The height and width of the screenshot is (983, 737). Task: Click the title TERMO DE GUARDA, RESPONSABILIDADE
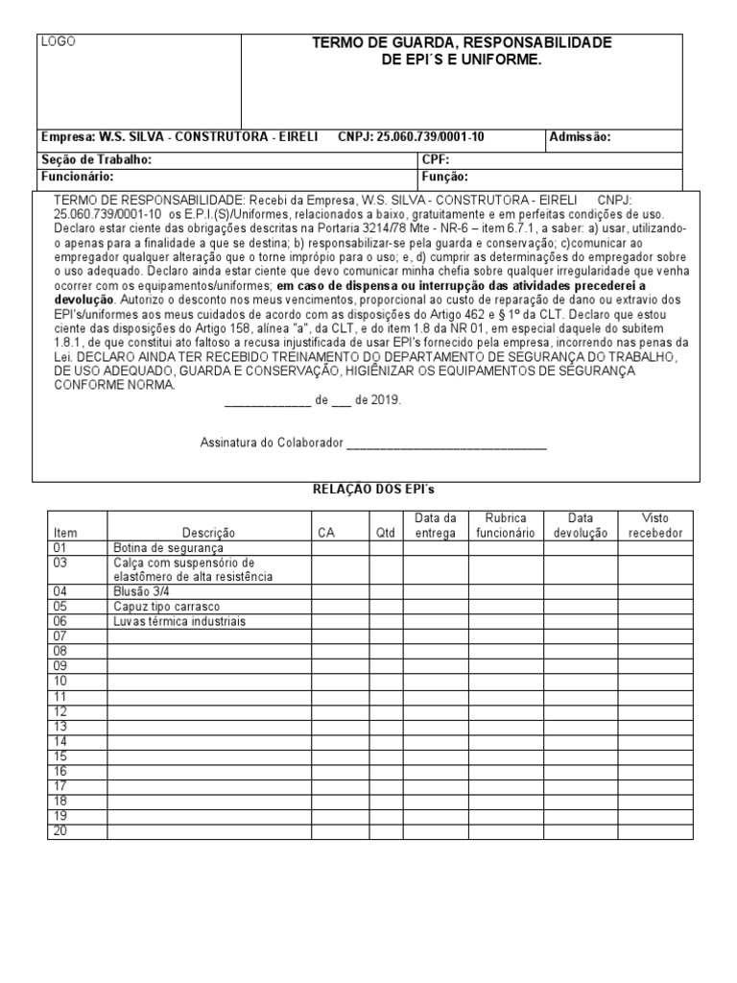462,43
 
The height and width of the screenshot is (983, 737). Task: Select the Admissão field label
580,137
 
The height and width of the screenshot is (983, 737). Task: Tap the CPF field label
436,159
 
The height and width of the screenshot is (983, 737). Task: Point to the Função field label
444,177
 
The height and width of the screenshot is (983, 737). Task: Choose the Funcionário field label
78,177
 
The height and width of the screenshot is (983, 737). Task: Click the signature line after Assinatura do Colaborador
446,444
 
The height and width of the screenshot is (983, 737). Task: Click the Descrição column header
208,533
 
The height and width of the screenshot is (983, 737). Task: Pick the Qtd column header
385,533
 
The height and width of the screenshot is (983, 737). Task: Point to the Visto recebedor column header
654,525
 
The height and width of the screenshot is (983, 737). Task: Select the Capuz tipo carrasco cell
166,607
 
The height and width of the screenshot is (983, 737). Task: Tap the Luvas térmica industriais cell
179,621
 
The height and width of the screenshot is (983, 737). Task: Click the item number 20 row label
60,830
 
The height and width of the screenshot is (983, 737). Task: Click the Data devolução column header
581,525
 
